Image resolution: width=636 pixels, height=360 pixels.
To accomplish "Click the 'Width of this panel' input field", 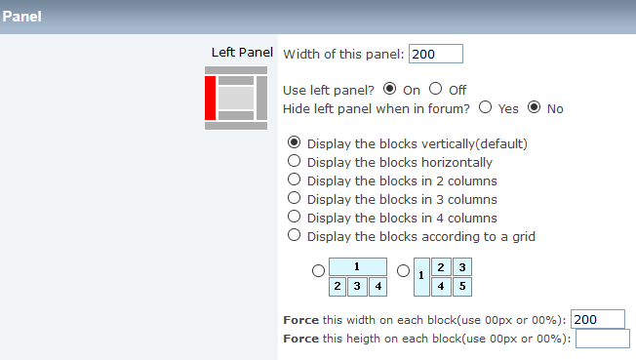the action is click(x=436, y=54).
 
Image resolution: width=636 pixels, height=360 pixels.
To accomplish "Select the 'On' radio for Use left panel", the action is click(x=390, y=89).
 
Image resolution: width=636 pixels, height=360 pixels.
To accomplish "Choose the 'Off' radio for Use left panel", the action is click(x=436, y=89).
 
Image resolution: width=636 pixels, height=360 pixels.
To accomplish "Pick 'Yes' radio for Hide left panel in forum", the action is click(x=485, y=107).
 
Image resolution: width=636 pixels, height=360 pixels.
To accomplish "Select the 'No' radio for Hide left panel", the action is click(x=535, y=107).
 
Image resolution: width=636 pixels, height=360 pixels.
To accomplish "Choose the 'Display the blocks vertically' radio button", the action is click(x=294, y=142).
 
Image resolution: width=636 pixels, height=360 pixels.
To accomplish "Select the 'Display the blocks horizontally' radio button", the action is click(x=294, y=161).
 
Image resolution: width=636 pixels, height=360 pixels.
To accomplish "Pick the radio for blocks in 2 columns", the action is click(x=294, y=180).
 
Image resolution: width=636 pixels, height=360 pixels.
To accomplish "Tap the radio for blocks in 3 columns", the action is click(x=294, y=198).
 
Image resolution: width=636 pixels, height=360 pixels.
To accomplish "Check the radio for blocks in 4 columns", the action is click(x=294, y=217).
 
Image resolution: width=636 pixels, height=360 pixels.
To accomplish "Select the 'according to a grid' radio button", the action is click(x=294, y=235).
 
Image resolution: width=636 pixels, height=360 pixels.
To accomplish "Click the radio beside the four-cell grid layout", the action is click(x=318, y=270).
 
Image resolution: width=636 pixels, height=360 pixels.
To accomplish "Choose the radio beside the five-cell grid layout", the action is click(x=403, y=270).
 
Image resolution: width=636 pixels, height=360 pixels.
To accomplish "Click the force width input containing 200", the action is click(x=598, y=319).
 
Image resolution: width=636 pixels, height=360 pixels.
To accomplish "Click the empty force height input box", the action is click(x=603, y=339).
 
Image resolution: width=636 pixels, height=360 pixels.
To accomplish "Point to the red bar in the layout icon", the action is click(x=210, y=98).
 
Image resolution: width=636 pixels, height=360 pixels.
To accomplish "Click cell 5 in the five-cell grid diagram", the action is click(x=462, y=287).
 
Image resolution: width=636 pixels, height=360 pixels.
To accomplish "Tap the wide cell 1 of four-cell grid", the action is click(x=358, y=267).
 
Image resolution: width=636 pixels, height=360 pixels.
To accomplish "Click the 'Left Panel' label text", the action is click(x=242, y=53).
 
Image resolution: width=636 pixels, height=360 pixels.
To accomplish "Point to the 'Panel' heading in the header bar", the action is click(x=21, y=17).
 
